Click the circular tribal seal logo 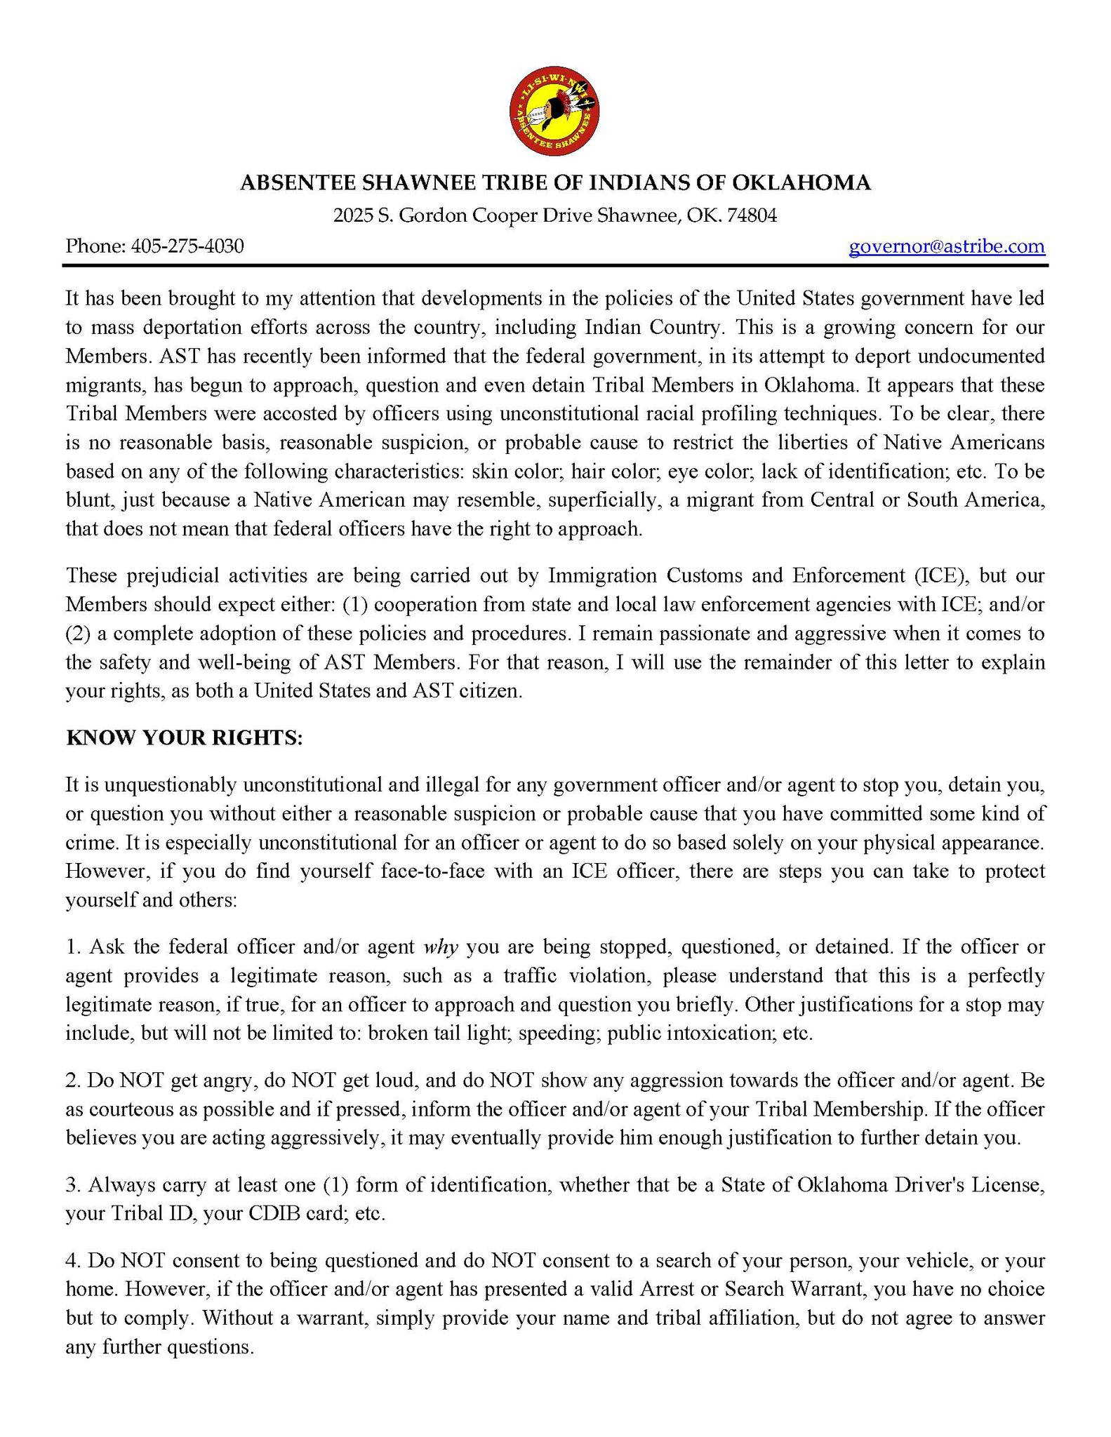554,111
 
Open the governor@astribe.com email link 946,246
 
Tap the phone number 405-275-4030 187,246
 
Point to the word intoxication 715,1033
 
